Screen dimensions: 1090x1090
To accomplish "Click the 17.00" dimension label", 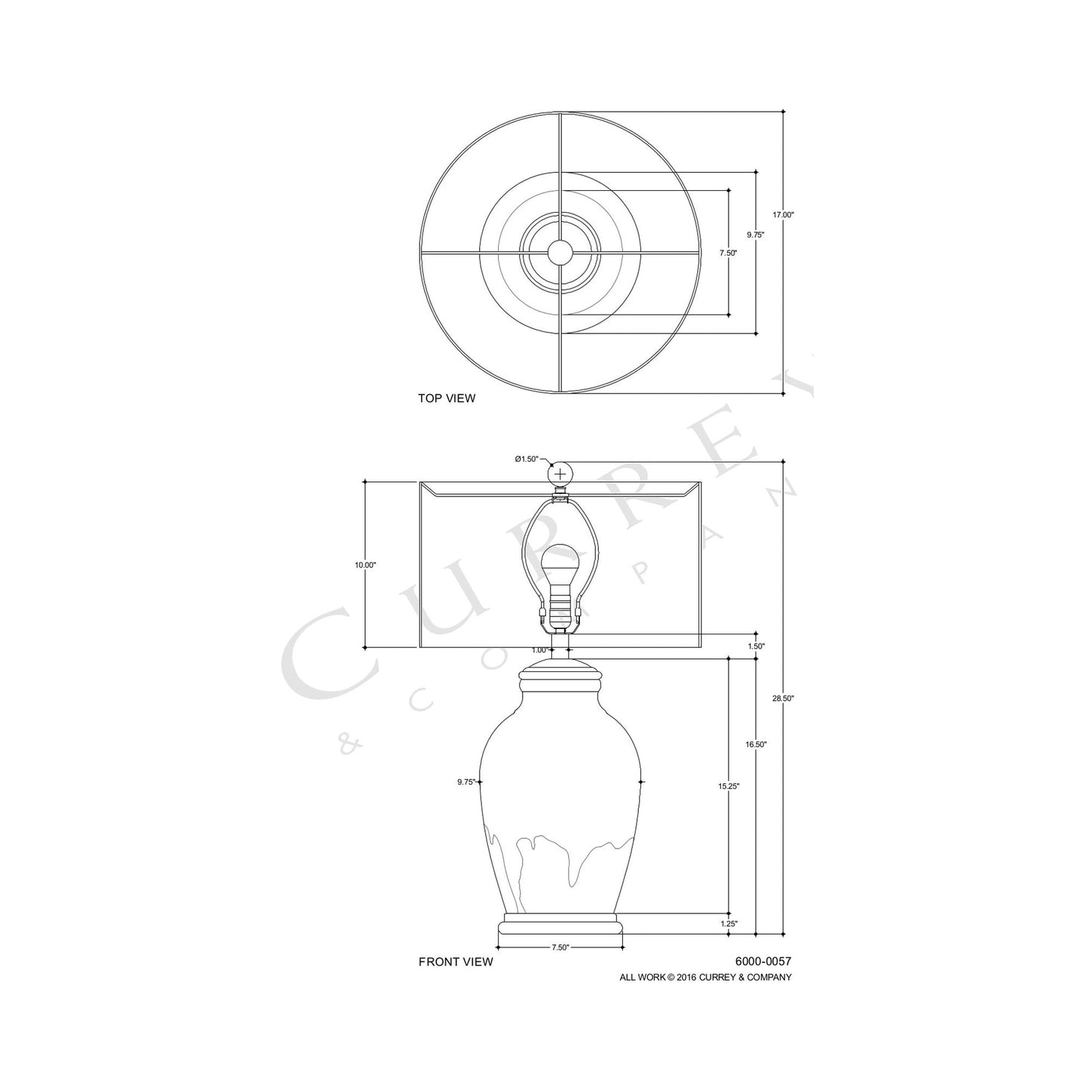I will [783, 215].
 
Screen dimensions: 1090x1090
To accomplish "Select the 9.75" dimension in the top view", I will [756, 235].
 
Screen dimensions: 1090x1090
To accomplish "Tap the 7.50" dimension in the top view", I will [728, 253].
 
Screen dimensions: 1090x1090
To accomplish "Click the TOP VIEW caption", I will [447, 398].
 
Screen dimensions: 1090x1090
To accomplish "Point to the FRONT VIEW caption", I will [456, 962].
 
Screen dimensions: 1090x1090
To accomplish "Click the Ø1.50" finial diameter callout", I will [526, 459].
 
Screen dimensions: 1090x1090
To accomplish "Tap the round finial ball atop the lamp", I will [560, 474].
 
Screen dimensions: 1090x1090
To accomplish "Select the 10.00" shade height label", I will [365, 565].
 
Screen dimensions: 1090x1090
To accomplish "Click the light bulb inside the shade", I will [560, 562].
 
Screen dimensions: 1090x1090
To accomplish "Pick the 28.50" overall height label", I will [783, 699].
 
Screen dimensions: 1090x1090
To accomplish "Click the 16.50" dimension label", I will [756, 745].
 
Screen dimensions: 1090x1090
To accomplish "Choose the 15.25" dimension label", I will [729, 786].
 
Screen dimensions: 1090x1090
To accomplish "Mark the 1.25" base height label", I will [729, 923].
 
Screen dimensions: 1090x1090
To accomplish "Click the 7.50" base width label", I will [560, 947].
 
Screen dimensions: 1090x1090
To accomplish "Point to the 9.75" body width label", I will [466, 782].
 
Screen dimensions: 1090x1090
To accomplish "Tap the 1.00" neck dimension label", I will [539, 649].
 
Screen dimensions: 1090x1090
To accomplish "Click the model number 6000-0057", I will [763, 962].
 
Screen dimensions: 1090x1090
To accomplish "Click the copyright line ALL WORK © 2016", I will [705, 978].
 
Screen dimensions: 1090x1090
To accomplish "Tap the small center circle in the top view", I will [560, 252].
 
